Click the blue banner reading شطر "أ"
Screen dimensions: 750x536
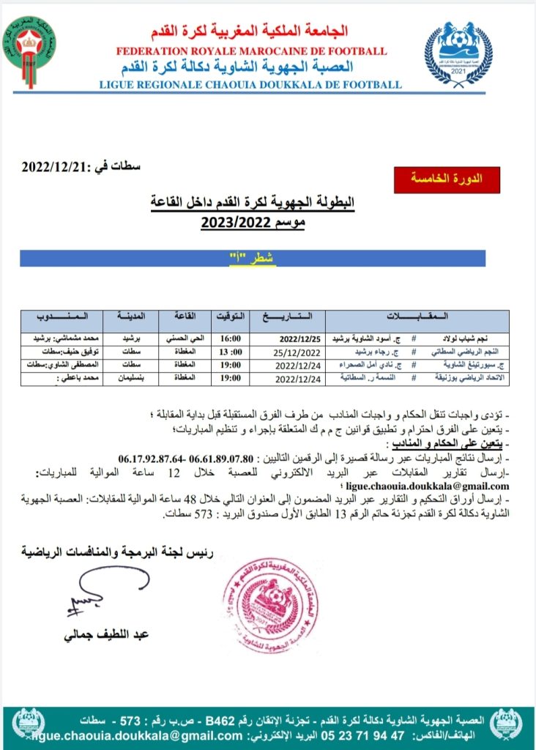[252, 259]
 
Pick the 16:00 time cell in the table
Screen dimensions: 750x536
[230, 340]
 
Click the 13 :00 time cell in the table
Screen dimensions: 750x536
[230, 352]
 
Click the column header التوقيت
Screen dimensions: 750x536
[230, 317]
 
